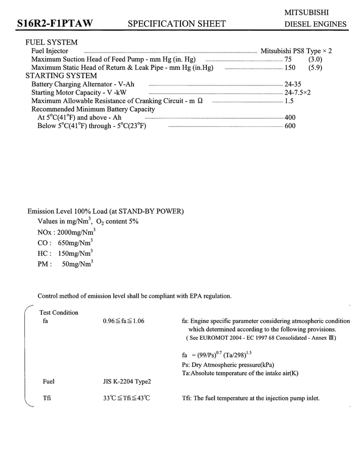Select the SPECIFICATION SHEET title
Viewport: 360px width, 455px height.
coord(177,24)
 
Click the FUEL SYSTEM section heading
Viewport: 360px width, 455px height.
coord(52,42)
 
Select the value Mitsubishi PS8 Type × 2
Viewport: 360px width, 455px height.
coord(296,51)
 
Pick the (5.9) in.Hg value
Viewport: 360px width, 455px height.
coord(315,67)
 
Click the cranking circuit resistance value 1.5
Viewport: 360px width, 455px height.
coord(289,101)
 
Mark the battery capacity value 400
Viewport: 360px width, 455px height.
coord(290,117)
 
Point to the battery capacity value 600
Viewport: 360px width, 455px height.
coord(290,125)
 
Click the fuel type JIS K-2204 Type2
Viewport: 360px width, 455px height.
coord(127,382)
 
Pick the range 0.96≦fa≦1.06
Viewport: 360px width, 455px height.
coord(123,321)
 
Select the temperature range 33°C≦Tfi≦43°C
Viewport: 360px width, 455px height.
coord(126,398)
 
